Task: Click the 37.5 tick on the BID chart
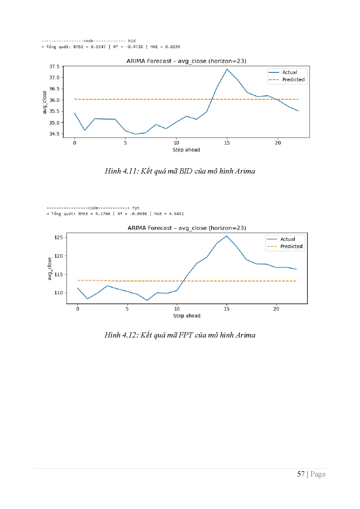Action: [54, 66]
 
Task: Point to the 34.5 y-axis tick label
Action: [54, 134]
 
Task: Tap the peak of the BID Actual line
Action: [227, 69]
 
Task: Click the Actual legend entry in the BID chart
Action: [289, 72]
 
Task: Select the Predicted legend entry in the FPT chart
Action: [291, 246]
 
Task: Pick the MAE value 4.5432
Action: [176, 214]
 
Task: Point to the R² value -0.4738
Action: [134, 47]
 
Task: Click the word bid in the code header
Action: [132, 41]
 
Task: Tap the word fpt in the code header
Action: [136, 208]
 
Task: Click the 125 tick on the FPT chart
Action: [59, 237]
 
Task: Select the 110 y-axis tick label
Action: [59, 293]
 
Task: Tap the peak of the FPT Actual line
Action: [226, 236]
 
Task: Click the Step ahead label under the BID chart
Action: [186, 150]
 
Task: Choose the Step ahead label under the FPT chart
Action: [187, 316]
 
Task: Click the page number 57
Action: [301, 474]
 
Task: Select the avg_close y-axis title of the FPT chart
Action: [50, 269]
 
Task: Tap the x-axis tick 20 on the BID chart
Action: [278, 143]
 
